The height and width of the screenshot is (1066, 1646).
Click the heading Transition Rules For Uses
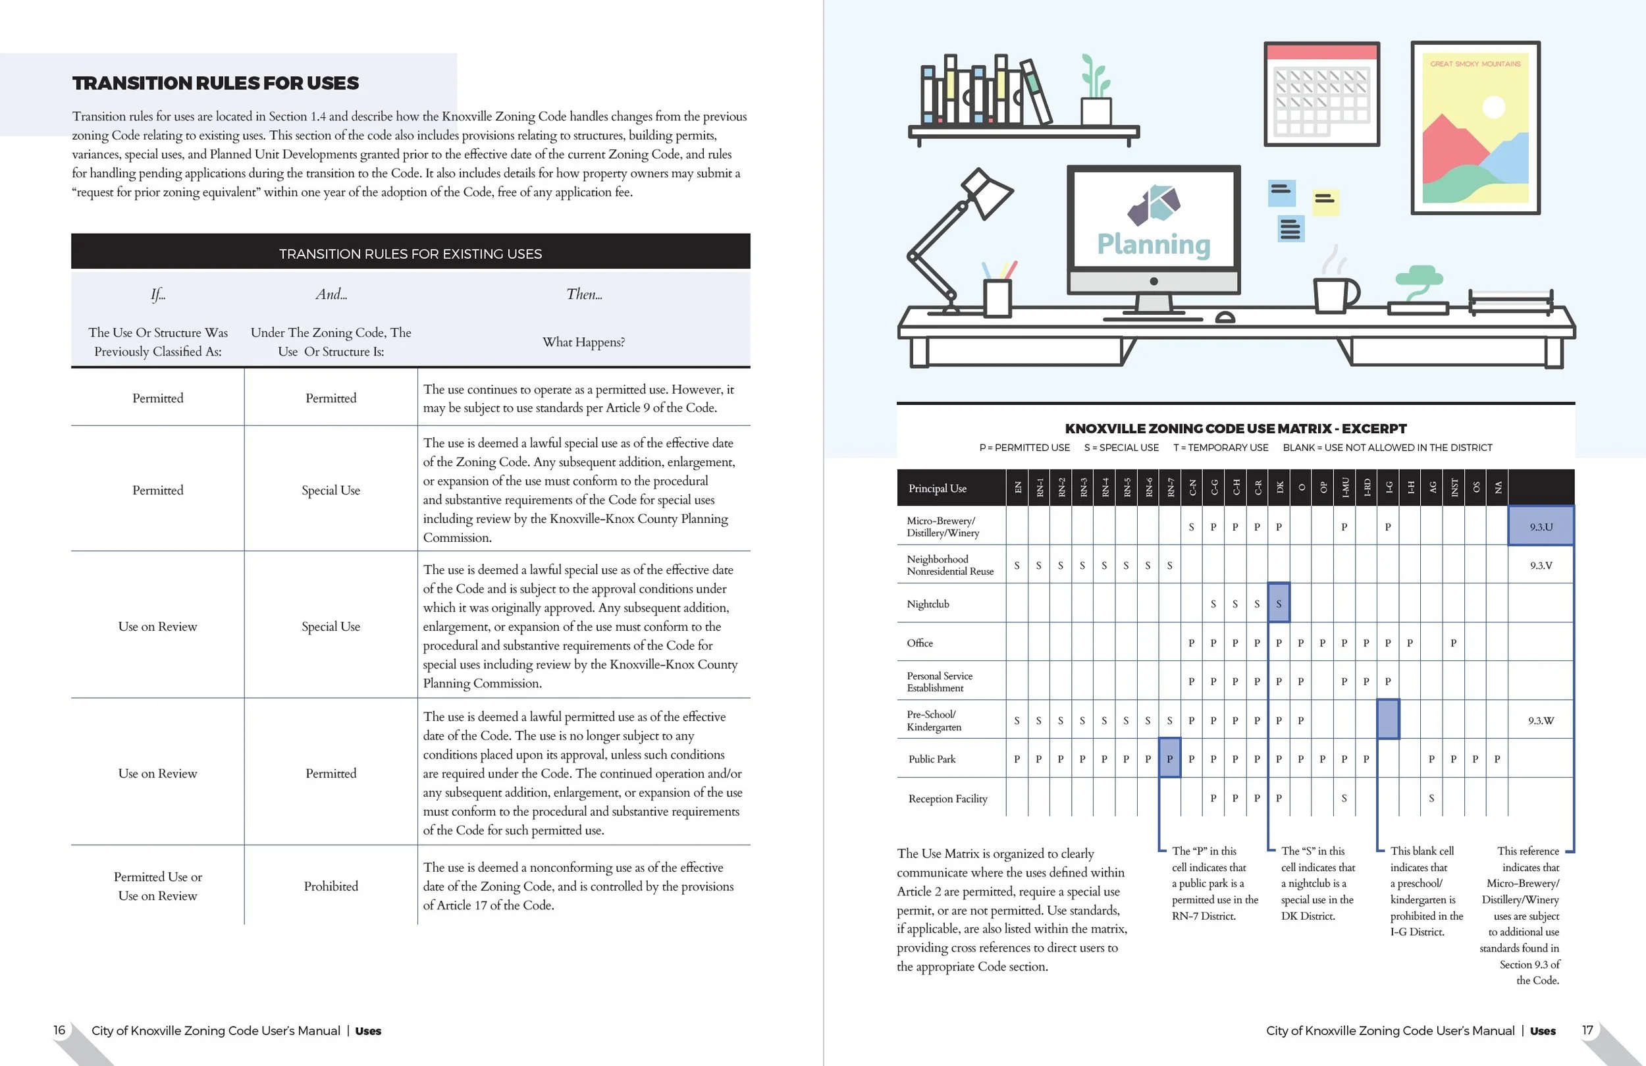215,83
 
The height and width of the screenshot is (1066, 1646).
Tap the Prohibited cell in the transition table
331,886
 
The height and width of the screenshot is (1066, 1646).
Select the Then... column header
584,295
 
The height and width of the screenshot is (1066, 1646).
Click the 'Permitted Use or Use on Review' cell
157,886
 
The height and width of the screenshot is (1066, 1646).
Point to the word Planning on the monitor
1154,245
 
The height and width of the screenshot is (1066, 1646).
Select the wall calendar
1321,94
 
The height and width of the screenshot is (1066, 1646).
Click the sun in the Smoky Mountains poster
1494,107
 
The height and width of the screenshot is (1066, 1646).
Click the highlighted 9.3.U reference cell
1541,527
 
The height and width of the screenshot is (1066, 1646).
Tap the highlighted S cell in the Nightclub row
1279,603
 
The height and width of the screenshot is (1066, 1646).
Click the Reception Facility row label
947,798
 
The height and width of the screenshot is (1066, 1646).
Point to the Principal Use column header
937,489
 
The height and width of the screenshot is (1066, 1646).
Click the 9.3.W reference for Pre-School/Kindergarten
1541,720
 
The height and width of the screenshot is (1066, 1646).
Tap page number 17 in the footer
1588,1030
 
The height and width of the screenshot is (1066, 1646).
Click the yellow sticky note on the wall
1325,201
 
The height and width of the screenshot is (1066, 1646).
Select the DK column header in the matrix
1279,488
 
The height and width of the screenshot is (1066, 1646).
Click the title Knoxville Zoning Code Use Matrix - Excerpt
1235,429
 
